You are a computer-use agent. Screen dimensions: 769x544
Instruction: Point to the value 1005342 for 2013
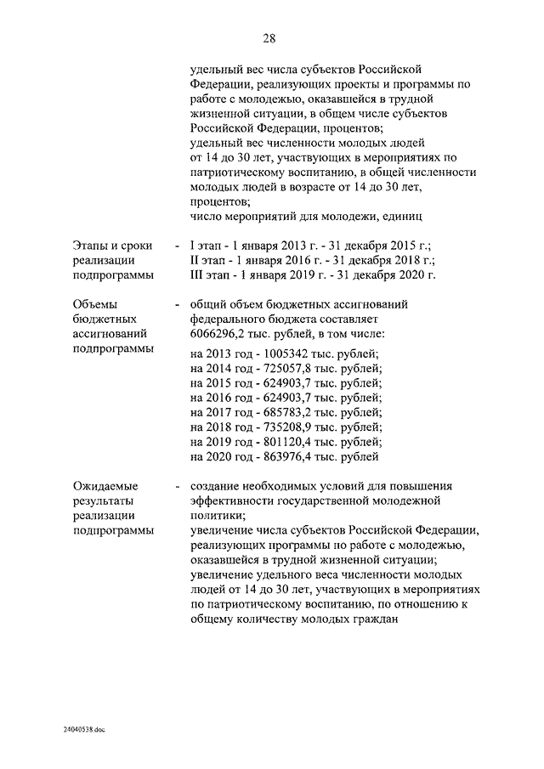pos(292,353)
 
